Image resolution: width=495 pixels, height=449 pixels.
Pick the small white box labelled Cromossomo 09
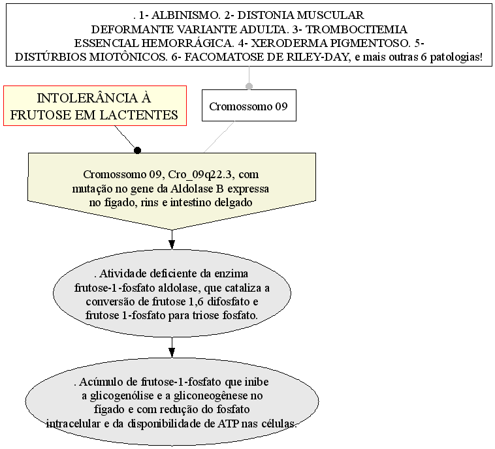click(x=248, y=106)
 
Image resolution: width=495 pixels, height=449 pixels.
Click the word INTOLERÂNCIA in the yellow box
click(x=94, y=99)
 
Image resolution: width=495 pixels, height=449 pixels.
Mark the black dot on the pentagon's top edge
click(x=137, y=150)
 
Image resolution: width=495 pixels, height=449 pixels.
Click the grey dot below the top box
click(x=248, y=85)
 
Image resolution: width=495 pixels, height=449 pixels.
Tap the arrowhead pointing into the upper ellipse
click(x=172, y=244)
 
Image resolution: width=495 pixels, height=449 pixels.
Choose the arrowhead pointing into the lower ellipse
click(x=172, y=352)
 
